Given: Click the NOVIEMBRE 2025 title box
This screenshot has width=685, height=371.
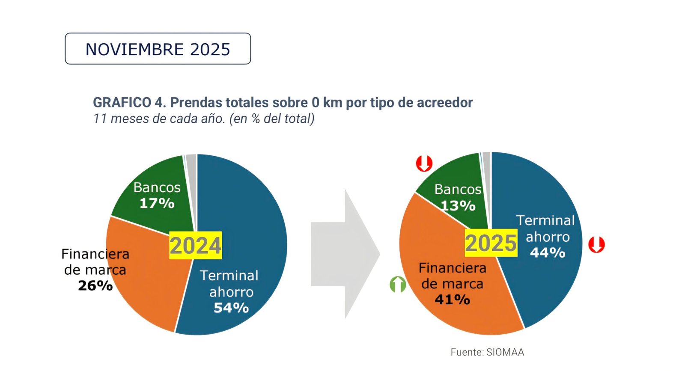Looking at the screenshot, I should (x=158, y=49).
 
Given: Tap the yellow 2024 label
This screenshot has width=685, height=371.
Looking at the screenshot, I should (x=195, y=246).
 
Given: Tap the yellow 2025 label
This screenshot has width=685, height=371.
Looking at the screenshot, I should (x=491, y=243).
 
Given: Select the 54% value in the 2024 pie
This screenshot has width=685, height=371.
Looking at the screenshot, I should (x=231, y=308).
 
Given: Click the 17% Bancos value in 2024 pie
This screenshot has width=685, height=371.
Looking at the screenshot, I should (x=157, y=203).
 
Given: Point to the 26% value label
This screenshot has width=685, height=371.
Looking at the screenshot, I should (x=95, y=285).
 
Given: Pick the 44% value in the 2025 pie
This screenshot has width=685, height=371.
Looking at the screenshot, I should (x=548, y=253).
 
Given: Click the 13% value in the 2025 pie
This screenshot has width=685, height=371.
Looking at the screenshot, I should (x=458, y=206).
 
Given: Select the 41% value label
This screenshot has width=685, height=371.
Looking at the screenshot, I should (x=452, y=300).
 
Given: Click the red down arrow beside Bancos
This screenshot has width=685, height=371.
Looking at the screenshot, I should (x=424, y=163).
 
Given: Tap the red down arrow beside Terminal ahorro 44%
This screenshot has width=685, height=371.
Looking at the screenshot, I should (x=596, y=244).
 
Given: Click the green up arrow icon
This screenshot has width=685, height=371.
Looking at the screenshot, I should (x=398, y=284).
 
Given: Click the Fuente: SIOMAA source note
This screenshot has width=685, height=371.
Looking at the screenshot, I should (x=487, y=352).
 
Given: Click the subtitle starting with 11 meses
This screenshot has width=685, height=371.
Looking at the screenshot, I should (x=204, y=119).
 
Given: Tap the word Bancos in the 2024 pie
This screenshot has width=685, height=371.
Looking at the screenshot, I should (x=157, y=187).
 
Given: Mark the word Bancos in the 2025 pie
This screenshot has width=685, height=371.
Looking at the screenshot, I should (x=458, y=189).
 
